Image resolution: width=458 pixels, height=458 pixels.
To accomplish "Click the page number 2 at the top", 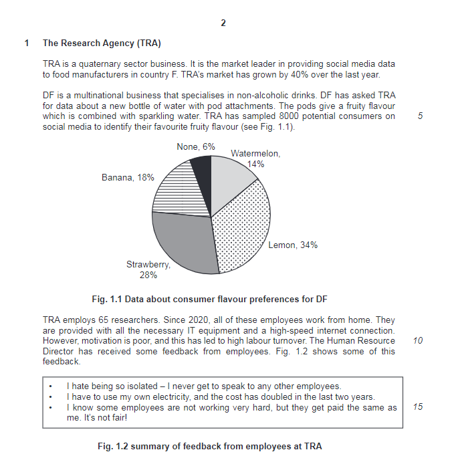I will (x=223, y=23).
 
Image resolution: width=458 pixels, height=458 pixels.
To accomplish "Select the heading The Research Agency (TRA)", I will (x=102, y=43).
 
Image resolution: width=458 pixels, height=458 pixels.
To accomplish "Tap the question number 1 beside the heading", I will (x=27, y=43).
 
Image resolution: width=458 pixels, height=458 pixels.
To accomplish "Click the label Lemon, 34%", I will (x=293, y=245).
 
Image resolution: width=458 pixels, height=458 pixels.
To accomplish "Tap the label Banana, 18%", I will (x=128, y=178).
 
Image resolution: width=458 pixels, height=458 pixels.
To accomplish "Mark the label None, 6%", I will (x=196, y=146).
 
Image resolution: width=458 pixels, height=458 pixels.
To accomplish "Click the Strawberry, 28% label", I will (x=148, y=269).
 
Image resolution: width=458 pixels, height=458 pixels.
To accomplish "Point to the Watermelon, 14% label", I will (x=255, y=158).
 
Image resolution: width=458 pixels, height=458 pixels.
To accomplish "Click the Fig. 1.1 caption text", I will (x=209, y=298).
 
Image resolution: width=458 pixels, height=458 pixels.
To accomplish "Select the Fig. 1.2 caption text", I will (x=209, y=446).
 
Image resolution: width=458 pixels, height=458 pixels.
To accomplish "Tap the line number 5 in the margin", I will (x=419, y=116).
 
